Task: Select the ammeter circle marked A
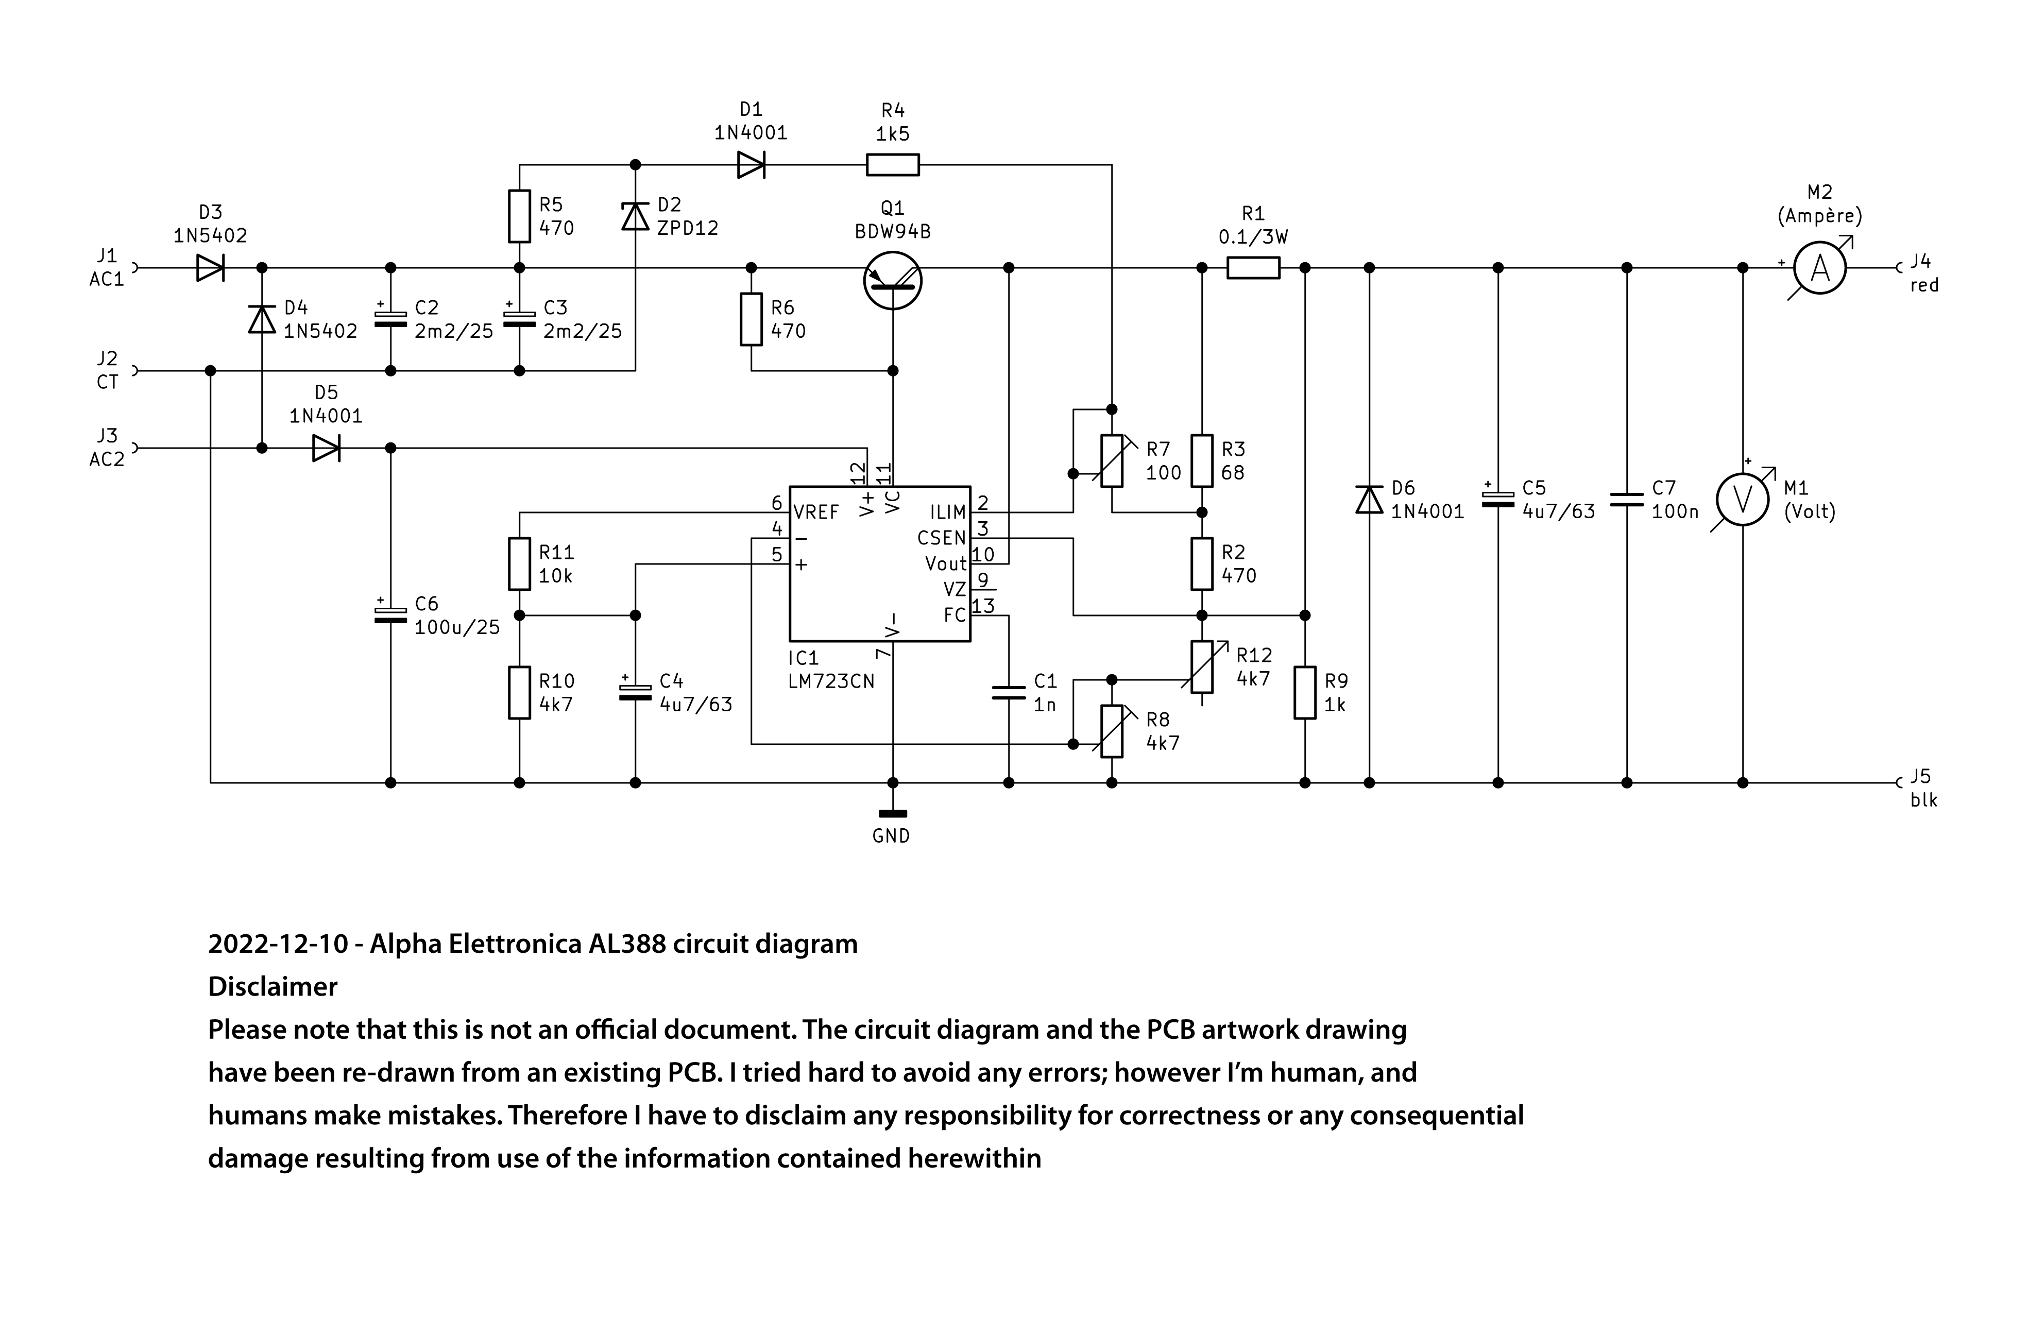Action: coord(1819,267)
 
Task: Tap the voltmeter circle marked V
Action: coord(1743,500)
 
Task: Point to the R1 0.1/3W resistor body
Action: coord(1253,267)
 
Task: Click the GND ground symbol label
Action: coord(891,836)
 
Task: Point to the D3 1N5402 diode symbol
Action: coord(211,267)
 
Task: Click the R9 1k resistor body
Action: coord(1305,693)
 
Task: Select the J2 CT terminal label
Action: coord(107,370)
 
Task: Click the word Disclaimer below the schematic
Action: coord(272,987)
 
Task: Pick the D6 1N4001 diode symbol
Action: coord(1369,499)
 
